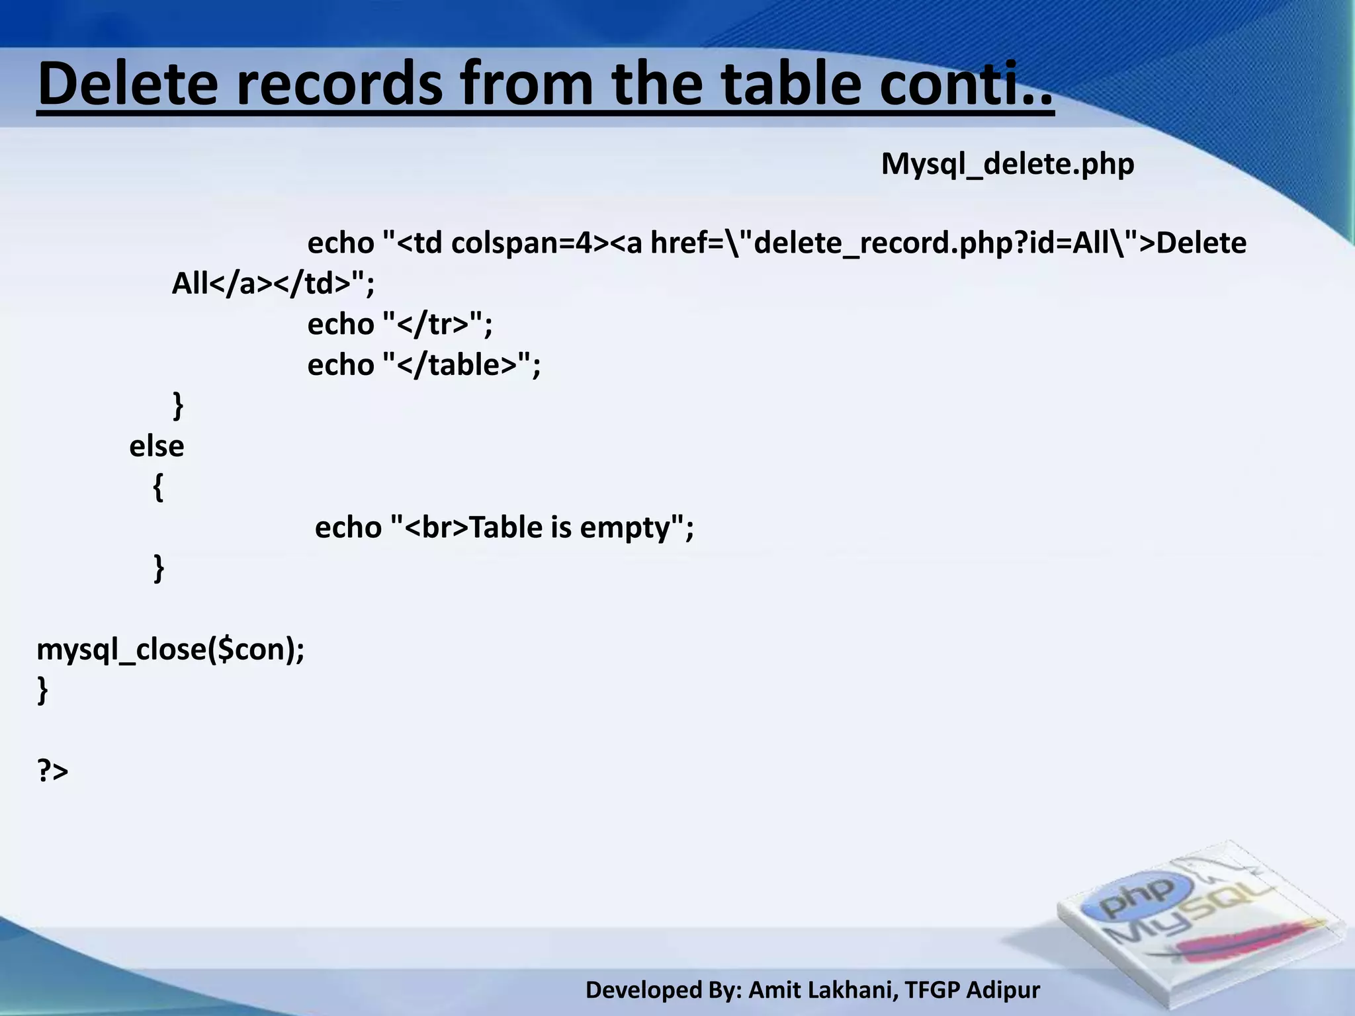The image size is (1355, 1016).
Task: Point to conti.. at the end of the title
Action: [x=966, y=84]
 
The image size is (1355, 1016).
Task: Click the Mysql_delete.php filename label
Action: [x=1007, y=164]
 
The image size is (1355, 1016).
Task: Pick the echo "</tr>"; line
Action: [x=400, y=324]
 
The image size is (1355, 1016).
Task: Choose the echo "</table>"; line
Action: [x=423, y=364]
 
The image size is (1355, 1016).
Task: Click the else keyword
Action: [x=156, y=446]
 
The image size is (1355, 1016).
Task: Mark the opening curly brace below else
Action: [x=158, y=488]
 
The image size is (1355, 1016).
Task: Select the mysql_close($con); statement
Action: [x=171, y=650]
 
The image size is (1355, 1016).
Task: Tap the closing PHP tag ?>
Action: [x=52, y=771]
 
